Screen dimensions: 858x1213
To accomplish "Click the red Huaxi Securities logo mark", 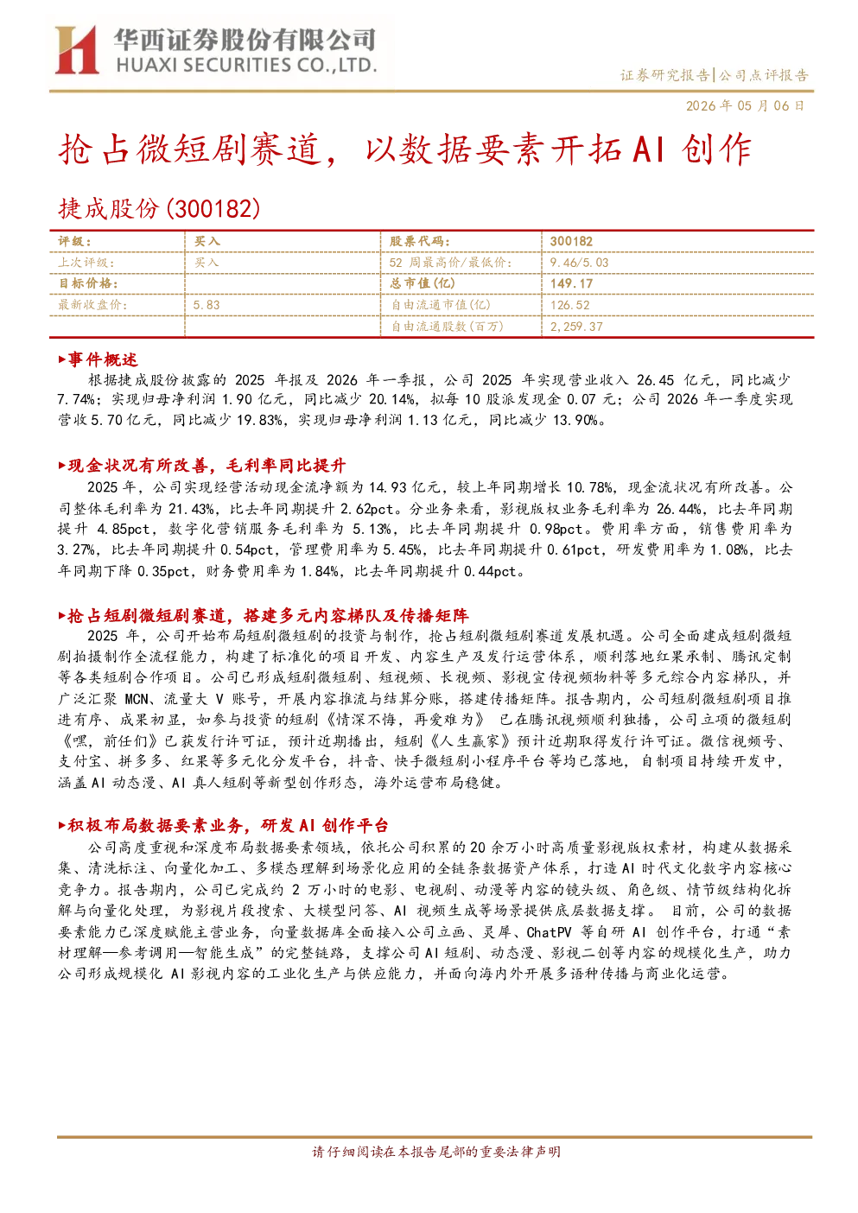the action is [x=77, y=49].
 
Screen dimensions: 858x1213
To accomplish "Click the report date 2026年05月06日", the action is [x=745, y=105].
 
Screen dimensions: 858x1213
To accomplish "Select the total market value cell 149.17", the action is [x=571, y=283].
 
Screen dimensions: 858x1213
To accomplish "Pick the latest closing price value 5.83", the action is [x=207, y=305].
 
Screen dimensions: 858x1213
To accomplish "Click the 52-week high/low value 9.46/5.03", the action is [x=579, y=263].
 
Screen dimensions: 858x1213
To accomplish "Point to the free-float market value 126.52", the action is [x=569, y=305].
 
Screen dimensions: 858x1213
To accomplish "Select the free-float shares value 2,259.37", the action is [x=575, y=327].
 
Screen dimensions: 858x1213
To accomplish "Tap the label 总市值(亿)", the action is [x=423, y=283].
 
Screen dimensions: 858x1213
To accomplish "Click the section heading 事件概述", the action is [x=102, y=359].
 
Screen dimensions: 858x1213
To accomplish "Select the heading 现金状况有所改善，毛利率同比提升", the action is [x=207, y=466].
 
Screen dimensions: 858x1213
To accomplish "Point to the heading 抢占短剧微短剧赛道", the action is [x=146, y=615].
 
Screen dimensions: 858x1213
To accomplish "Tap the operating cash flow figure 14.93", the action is [x=388, y=487].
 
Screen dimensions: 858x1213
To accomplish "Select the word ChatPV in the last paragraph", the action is [x=549, y=932].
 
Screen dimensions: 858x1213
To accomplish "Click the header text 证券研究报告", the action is [x=664, y=75].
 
